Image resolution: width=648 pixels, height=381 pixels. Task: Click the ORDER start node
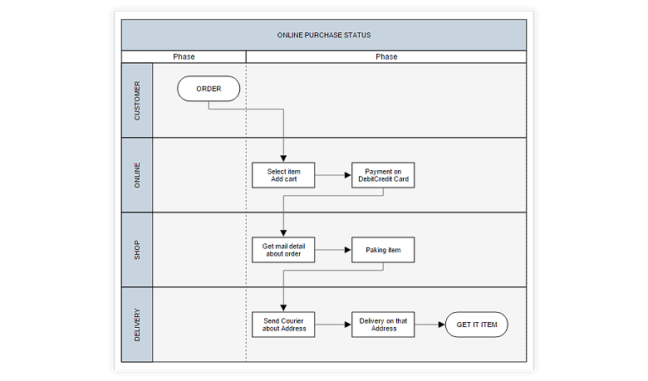(x=209, y=89)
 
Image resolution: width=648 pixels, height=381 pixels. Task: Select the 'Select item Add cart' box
(x=284, y=175)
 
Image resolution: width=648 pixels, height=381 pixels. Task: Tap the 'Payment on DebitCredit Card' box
(x=383, y=175)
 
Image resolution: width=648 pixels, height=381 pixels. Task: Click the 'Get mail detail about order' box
(x=284, y=250)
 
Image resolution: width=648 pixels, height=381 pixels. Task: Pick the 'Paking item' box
(x=383, y=250)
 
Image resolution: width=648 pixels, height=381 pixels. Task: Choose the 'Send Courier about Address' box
(x=284, y=325)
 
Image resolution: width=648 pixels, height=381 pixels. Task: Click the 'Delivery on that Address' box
(x=383, y=325)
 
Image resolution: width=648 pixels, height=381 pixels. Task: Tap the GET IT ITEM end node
(x=477, y=325)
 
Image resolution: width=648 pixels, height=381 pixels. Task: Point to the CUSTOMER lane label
(x=137, y=100)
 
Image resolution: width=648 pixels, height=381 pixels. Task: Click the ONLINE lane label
(x=137, y=175)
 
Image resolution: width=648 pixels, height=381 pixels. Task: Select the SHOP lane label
(x=137, y=250)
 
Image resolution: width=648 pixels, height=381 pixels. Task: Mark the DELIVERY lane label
(x=137, y=325)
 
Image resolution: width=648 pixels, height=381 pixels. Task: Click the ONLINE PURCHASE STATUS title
(x=324, y=36)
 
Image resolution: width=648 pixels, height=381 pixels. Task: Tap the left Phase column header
(x=184, y=57)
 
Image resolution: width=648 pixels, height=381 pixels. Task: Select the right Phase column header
(x=386, y=57)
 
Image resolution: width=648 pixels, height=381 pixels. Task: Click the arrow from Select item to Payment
(x=334, y=175)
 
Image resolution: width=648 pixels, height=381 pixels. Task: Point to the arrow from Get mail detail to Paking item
(x=334, y=250)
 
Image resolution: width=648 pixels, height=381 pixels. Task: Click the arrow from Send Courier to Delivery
(x=334, y=325)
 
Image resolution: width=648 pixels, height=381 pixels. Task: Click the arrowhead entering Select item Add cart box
(x=284, y=158)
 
